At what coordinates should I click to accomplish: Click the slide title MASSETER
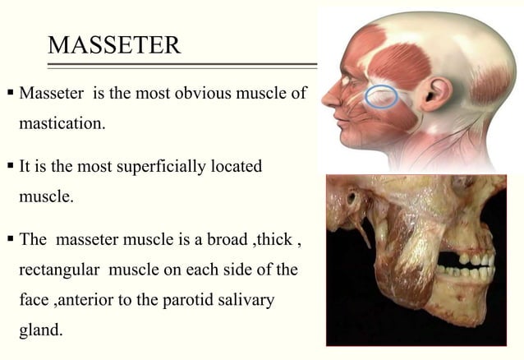tap(114, 44)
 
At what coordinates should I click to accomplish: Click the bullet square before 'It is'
tap(10, 167)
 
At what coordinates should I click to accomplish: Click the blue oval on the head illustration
tap(382, 96)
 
